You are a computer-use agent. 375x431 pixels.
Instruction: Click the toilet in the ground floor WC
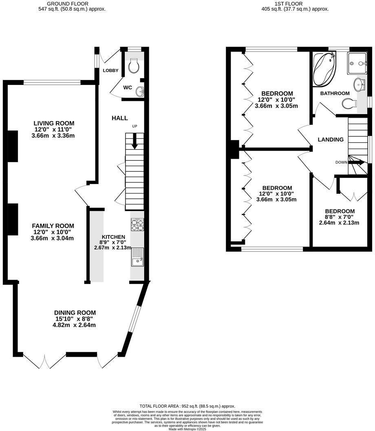pyautogui.click(x=133, y=66)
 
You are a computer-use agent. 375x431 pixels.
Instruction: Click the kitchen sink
pyautogui.click(x=137, y=257)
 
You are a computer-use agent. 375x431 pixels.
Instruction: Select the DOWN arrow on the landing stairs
pyautogui.click(x=356, y=162)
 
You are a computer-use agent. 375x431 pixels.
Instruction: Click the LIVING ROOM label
pyautogui.click(x=54, y=123)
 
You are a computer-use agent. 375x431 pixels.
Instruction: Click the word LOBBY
pyautogui.click(x=110, y=71)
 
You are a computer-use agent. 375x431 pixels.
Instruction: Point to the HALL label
pyautogui.click(x=120, y=118)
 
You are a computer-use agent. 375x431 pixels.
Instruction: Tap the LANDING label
pyautogui.click(x=331, y=140)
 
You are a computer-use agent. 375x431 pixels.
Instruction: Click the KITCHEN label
pyautogui.click(x=113, y=237)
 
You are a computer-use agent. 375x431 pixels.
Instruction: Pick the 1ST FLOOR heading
pyautogui.click(x=289, y=3)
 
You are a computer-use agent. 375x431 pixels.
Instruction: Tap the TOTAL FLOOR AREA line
pyautogui.click(x=187, y=406)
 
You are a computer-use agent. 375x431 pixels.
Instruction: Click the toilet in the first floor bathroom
pyautogui.click(x=347, y=104)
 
